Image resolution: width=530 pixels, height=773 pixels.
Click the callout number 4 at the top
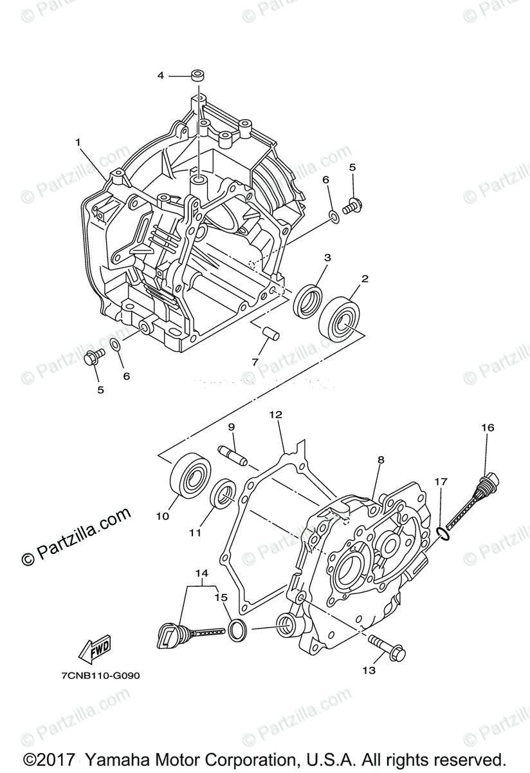click(161, 76)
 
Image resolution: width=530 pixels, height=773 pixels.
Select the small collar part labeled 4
click(197, 76)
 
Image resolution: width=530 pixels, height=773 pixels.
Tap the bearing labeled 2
click(340, 318)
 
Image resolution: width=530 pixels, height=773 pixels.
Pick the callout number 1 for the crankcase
click(78, 142)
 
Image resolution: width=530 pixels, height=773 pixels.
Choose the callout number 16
click(487, 428)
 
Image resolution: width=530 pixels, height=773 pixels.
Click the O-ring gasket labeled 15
click(237, 629)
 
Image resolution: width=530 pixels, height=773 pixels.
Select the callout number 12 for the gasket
click(276, 415)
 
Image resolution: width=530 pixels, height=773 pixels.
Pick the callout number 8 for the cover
click(381, 460)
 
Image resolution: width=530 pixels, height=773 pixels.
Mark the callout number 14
click(202, 573)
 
